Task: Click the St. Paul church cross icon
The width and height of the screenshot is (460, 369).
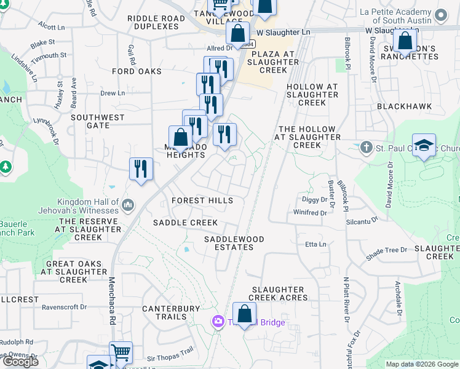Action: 367,147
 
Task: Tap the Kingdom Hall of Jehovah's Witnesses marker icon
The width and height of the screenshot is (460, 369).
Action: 128,204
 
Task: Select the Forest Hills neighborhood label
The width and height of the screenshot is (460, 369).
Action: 202,200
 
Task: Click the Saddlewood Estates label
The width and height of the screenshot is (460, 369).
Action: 234,243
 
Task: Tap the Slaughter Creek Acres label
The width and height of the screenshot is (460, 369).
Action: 277,293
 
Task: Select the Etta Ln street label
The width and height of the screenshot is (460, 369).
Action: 315,244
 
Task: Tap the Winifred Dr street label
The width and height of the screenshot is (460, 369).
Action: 310,213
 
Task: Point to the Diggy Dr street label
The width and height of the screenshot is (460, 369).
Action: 315,200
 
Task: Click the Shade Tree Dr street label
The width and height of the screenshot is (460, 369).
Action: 387,250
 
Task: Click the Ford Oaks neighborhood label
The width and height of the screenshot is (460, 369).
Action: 137,71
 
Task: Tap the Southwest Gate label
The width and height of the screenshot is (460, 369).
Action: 98,121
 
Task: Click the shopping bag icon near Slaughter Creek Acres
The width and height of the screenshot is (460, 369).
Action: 244,314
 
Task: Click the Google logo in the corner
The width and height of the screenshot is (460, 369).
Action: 20,362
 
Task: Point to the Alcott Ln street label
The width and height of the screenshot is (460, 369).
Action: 51,27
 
